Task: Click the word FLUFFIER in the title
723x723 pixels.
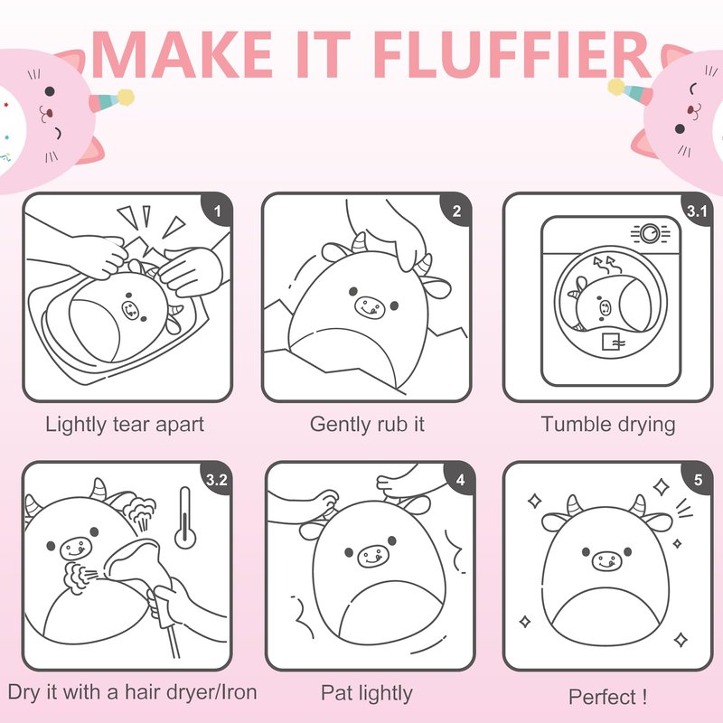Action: (x=512, y=54)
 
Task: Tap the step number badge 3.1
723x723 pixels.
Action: (x=696, y=211)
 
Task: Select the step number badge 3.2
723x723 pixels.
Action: (x=216, y=480)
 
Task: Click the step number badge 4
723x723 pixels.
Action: (x=460, y=480)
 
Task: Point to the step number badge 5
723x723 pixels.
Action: (x=698, y=480)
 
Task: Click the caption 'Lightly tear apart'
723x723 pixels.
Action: (x=125, y=425)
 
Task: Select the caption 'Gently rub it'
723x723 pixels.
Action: (x=367, y=425)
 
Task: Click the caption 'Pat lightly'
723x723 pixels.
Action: (x=367, y=693)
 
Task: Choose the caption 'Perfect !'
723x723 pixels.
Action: (x=607, y=697)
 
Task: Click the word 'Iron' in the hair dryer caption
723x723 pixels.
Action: (x=239, y=692)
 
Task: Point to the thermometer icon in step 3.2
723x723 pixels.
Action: (x=185, y=518)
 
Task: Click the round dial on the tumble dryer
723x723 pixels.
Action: (x=650, y=233)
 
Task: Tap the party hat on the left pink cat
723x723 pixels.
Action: (x=111, y=101)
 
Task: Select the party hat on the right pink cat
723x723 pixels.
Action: (x=629, y=91)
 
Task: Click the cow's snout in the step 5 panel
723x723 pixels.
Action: (x=606, y=561)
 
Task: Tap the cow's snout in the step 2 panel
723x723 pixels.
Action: (x=370, y=306)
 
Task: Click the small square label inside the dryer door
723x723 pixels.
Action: (x=611, y=342)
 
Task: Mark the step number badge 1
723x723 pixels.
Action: (x=217, y=211)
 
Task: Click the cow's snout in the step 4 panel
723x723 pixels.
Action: (x=371, y=556)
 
